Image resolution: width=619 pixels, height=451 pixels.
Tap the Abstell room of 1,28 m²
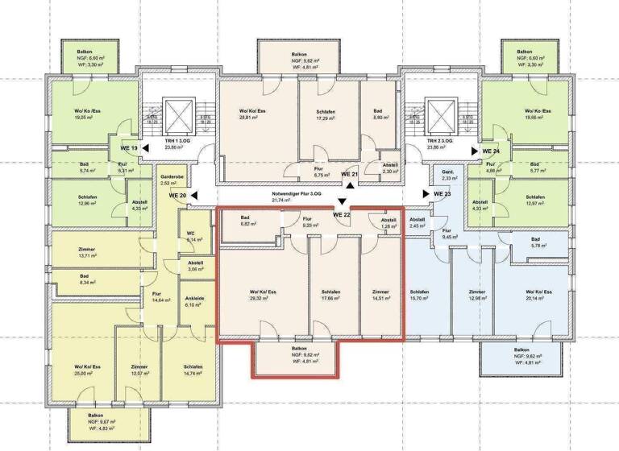pos(388,223)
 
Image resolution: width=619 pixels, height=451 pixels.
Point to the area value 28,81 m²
pos(252,118)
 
